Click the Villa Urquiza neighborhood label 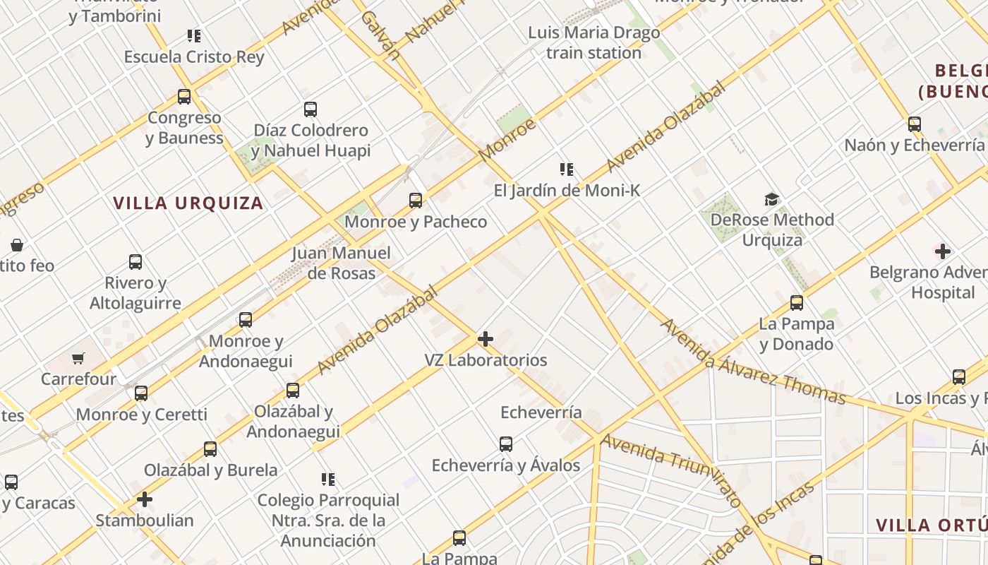tap(188, 203)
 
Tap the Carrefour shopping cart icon tap(78, 359)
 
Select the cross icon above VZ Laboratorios tap(486, 339)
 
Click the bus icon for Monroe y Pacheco tap(416, 201)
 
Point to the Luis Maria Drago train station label tap(594, 42)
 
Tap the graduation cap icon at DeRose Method tap(771, 200)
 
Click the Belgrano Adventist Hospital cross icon tap(942, 251)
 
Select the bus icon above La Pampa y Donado tap(797, 303)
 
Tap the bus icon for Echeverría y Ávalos tap(506, 444)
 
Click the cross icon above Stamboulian tap(145, 500)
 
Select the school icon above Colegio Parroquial tap(328, 480)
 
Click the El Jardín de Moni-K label tap(567, 190)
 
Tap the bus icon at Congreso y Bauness tap(184, 97)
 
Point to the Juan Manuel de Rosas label tap(342, 263)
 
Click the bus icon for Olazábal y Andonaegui tap(293, 391)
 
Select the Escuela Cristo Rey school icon tap(194, 36)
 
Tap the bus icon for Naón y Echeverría tap(915, 124)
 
